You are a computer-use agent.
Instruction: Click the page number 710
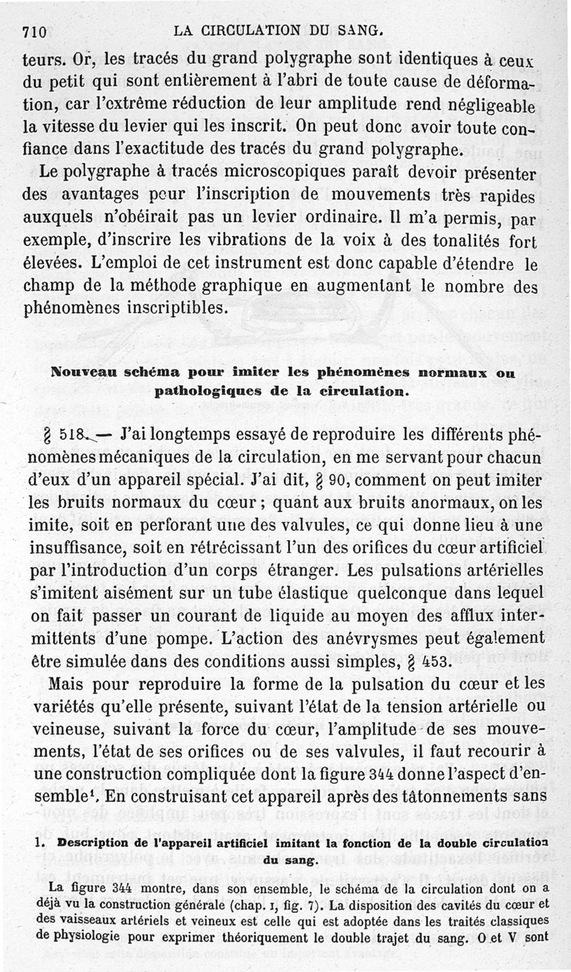pyautogui.click(x=34, y=31)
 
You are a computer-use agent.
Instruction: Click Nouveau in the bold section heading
pyautogui.click(x=79, y=372)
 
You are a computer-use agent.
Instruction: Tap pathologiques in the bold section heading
pyautogui.click(x=200, y=391)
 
